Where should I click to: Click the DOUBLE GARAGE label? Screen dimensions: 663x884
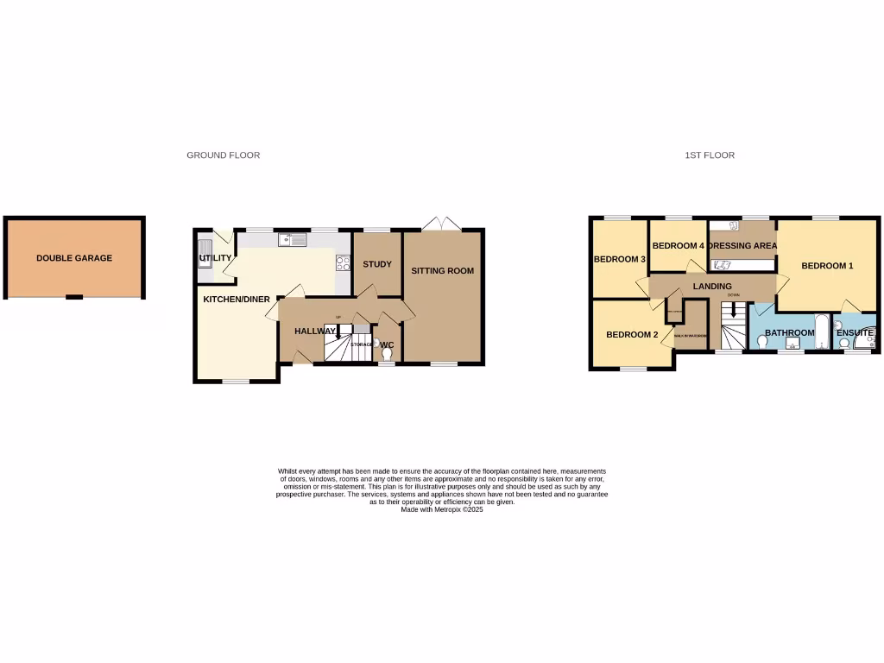[x=74, y=258]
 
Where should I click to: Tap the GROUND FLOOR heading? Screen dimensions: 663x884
[x=224, y=155]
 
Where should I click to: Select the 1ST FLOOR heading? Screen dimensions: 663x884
[x=710, y=155]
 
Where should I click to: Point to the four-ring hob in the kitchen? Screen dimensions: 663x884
[x=343, y=262]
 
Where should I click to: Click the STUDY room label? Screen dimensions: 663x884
[x=377, y=264]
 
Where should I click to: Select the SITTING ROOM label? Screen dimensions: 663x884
[x=442, y=271]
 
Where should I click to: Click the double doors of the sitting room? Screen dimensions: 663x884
[x=444, y=224]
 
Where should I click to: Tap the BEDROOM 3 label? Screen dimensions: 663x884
[x=620, y=259]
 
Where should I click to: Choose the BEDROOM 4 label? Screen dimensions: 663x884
[x=679, y=246]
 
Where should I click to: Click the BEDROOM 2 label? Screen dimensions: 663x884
[x=632, y=335]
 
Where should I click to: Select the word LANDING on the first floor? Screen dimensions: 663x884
[x=712, y=287]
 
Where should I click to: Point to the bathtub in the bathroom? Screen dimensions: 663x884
[x=822, y=332]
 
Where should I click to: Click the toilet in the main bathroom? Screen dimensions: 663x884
[x=763, y=342]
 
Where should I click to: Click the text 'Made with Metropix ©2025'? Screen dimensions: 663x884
[x=442, y=510]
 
